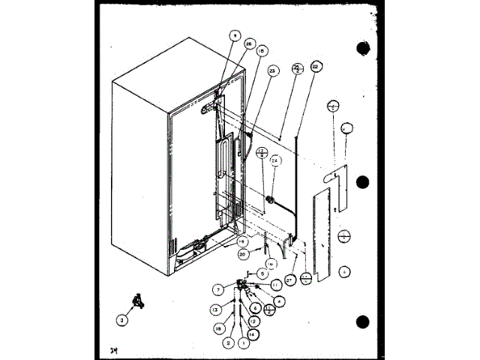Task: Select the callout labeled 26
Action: coord(249,43)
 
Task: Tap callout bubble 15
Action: coord(262,52)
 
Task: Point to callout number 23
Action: coord(272,70)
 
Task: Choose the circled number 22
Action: coord(316,67)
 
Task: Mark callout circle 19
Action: coord(241,241)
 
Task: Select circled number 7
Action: coord(217,289)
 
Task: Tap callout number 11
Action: coord(275,286)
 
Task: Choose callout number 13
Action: coord(214,310)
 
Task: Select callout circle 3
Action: coord(122,319)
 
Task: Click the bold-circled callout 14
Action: coord(251,332)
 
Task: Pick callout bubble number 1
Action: coord(243,343)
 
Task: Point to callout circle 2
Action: coord(226,343)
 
